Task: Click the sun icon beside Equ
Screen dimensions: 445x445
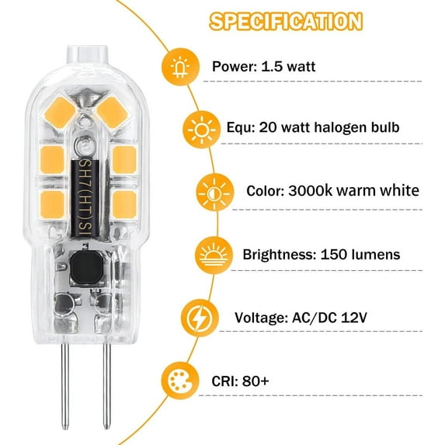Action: click(x=200, y=127)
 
